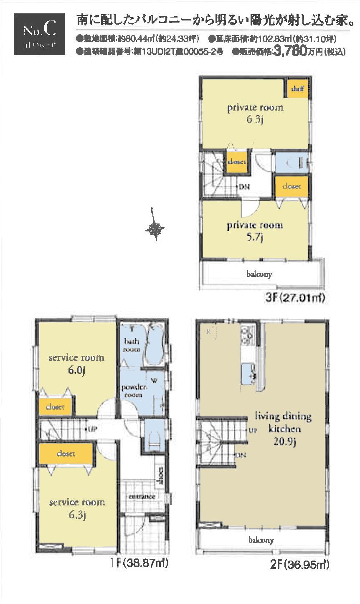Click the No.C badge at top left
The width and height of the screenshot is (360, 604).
coord(39,34)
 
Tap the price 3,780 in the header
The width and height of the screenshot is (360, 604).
coord(290,52)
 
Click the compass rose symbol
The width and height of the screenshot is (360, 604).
coord(155,228)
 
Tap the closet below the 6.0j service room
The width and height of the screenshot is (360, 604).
coord(55,407)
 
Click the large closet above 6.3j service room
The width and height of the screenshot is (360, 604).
coord(66,454)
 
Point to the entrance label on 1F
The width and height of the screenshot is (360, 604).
coord(142,497)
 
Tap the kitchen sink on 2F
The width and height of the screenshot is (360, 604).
coord(248,372)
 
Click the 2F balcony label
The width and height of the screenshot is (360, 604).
coord(261,540)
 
